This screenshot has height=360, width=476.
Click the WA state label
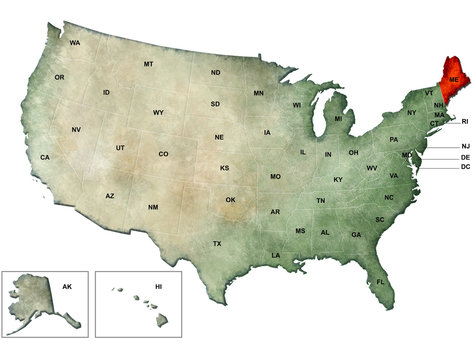pos(75,43)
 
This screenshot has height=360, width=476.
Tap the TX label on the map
pos(217,244)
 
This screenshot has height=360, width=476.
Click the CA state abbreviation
pos(45,157)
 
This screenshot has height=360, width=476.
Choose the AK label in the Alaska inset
pos(67,286)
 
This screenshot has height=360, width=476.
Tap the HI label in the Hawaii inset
pos(158,286)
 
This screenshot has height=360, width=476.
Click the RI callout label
pos(465,121)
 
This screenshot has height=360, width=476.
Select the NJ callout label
pos(465,146)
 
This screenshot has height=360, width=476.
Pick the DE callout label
pos(465,157)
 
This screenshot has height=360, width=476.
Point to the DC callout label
pos(465,167)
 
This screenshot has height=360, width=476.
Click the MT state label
pos(148,64)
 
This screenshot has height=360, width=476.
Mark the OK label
pos(230,200)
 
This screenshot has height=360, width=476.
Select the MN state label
pos(258,93)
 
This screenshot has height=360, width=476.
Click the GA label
pos(356,234)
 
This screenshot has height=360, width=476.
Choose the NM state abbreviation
pos(153,207)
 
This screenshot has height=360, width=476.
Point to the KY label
pos(338,179)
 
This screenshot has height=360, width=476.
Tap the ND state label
pos(215,72)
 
